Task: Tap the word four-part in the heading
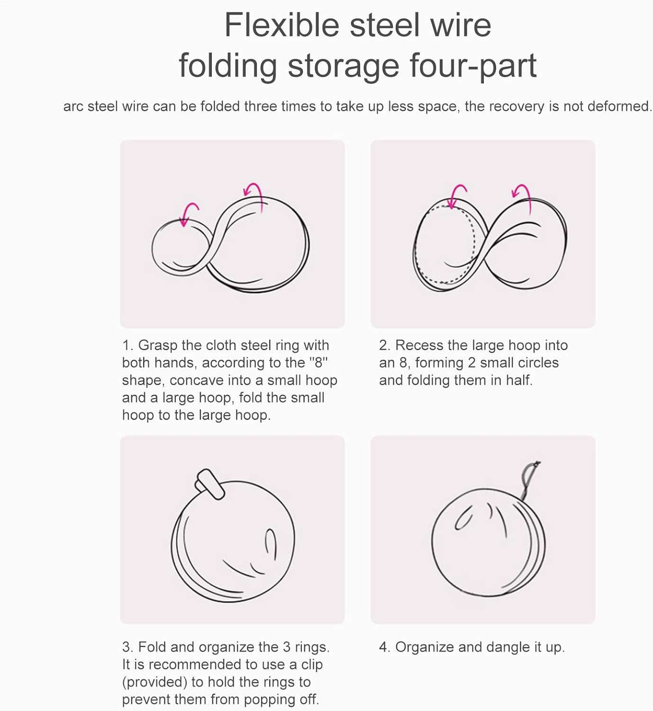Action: coord(473,66)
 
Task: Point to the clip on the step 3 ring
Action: coord(210,484)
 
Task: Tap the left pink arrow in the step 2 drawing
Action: coord(456,196)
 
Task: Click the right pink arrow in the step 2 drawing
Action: coord(523,198)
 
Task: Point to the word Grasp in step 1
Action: coord(158,346)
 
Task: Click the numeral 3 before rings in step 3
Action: coord(286,647)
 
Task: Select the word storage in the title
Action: coord(344,66)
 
